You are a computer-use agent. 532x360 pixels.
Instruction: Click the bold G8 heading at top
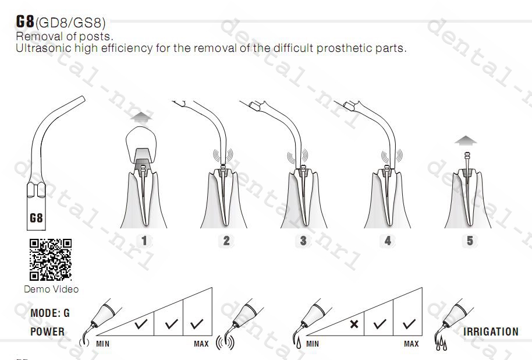pos(25,21)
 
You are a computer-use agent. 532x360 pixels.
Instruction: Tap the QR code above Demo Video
pos(51,259)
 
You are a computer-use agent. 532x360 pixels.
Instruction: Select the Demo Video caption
pos(51,289)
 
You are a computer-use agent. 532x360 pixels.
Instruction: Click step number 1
pos(144,241)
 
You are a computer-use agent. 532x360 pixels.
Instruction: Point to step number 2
pos(226,241)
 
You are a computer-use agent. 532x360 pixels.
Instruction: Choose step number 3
pos(303,241)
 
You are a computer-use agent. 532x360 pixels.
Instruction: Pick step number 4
pos(388,241)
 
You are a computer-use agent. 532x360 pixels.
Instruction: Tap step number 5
pos(470,241)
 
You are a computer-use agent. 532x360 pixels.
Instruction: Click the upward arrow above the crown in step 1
pos(141,118)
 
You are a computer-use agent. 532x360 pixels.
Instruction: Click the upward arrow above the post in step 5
pos(466,140)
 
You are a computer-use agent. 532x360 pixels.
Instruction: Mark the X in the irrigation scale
pos(354,324)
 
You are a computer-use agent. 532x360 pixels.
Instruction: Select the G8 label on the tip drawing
pos(36,218)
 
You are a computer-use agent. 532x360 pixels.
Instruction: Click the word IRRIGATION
pos(491,331)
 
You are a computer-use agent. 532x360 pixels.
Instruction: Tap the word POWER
pos(48,331)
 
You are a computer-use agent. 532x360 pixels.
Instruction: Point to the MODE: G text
pos(50,313)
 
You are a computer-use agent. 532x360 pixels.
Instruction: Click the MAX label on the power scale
pos(201,344)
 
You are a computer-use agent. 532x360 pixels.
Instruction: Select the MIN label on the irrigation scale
pos(313,344)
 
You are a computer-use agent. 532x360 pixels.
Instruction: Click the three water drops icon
pos(441,344)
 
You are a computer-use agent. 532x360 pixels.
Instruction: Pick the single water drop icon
pos(298,343)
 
